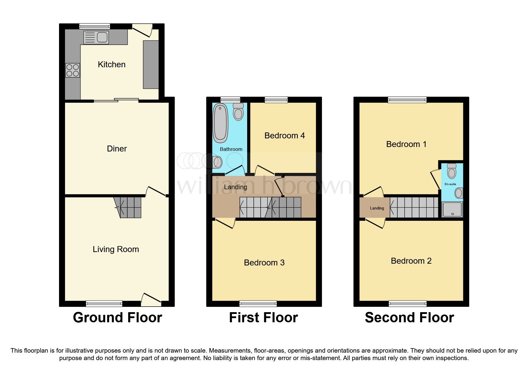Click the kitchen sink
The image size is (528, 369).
pos(96,37)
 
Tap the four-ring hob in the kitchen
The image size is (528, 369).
pos(73,70)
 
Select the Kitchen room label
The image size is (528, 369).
pos(112,65)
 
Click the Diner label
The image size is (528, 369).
pos(117,149)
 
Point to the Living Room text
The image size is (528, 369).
pos(116,249)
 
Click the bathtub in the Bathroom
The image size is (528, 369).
pos(220,123)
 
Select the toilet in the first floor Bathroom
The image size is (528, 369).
pos(238,112)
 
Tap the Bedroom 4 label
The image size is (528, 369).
pos(284,136)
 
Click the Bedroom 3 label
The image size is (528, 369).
pos(264,263)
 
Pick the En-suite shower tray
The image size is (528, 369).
pos(452,209)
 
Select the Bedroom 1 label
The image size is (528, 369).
pos(406,144)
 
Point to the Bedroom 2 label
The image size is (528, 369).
pos(411,261)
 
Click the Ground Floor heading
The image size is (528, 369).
pos(117,318)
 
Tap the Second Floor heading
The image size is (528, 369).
pos(409,318)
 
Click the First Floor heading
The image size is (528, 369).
pos(263,318)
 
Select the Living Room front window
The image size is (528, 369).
pos(104,304)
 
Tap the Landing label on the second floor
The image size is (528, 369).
pos(377,208)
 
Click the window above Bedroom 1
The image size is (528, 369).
pos(407,100)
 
